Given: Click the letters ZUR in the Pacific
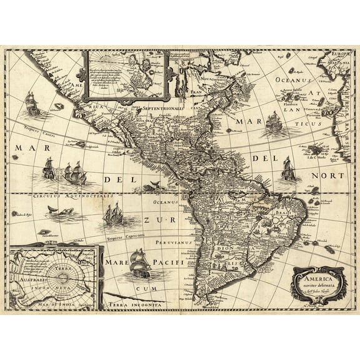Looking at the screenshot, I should pos(153,220).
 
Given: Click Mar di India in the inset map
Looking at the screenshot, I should pos(39,304).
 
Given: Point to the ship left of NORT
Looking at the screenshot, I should pos(287,169).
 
